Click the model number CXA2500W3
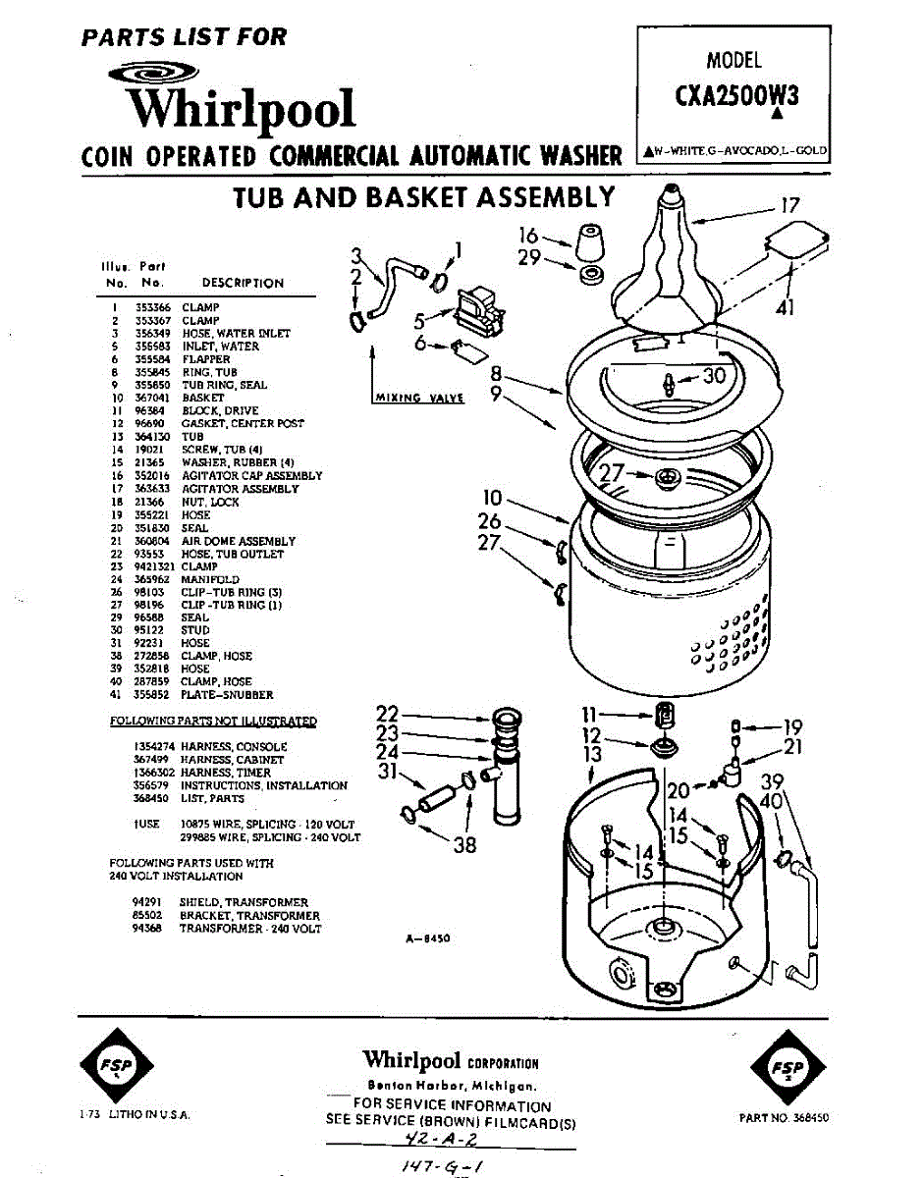[736, 95]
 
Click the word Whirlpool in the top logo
[244, 107]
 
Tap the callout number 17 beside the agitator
[790, 206]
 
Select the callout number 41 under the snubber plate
[785, 307]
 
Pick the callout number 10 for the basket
[492, 499]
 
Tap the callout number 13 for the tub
[592, 754]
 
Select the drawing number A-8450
[427, 938]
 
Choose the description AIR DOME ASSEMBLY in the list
[238, 541]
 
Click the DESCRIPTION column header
[243, 283]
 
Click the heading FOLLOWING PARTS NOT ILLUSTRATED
[213, 722]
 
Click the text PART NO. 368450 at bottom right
[784, 1117]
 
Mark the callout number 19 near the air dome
[793, 727]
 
